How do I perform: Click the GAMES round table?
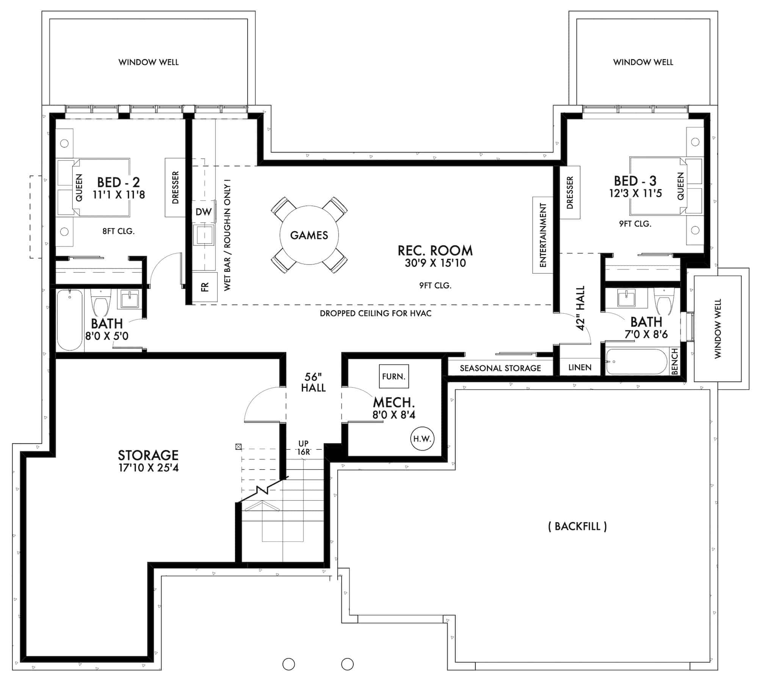point(309,235)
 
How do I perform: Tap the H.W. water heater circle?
point(422,439)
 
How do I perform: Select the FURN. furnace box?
point(394,376)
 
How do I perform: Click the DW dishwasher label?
point(204,212)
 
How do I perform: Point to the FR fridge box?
point(205,287)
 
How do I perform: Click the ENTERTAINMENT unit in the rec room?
point(542,235)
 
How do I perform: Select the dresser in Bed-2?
point(175,188)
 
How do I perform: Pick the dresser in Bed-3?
point(570,193)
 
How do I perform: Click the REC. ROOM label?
point(435,251)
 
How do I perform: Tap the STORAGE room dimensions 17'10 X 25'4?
point(148,468)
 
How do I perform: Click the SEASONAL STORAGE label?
point(500,368)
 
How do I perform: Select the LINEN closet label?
point(580,367)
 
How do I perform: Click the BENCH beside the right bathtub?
point(674,362)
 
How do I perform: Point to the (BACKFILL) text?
point(577,526)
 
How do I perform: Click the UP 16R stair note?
point(303,448)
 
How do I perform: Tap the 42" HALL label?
point(580,308)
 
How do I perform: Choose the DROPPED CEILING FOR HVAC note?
point(376,313)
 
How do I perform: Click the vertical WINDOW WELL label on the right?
point(717,329)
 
